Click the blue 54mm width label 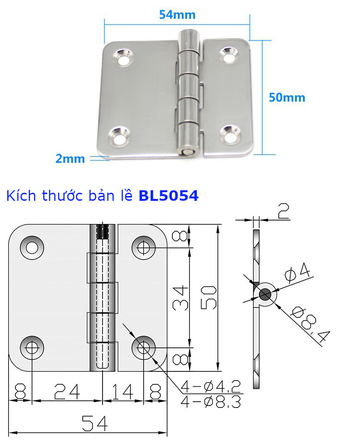177,14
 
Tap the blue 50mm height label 287,97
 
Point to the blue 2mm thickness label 70,158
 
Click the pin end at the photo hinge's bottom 185,152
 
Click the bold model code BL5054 168,196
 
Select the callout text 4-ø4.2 211,386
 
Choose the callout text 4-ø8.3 211,401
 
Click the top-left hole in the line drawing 32,248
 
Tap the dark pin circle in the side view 265,294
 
